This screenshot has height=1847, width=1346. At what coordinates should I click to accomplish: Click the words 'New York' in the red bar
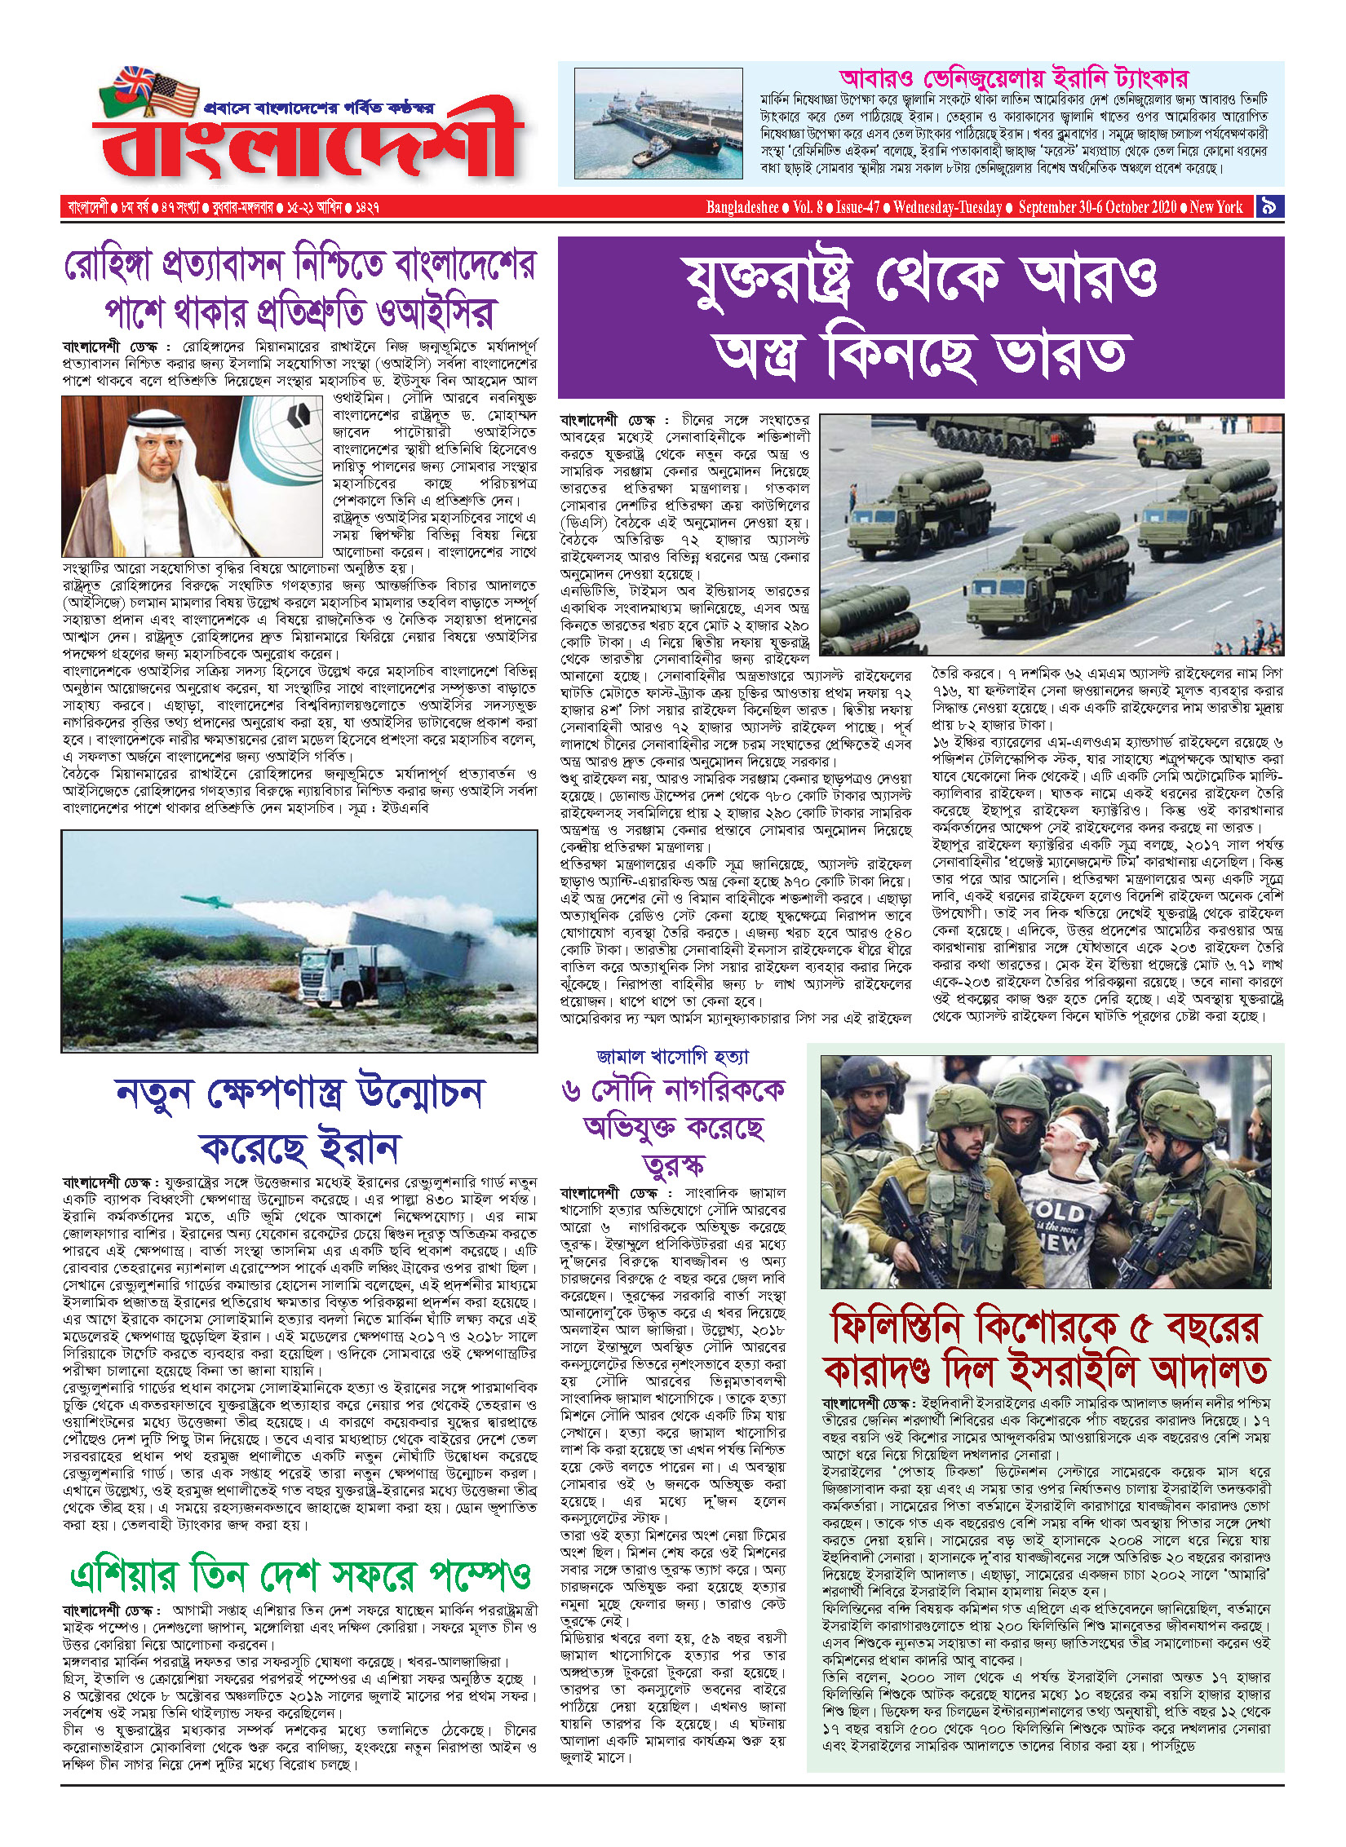click(x=1215, y=207)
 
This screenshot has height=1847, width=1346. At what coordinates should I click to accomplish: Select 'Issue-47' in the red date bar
click(x=857, y=207)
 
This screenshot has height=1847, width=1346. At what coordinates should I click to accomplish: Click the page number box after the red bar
click(x=1269, y=207)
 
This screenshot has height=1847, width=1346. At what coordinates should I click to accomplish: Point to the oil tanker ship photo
click(x=658, y=123)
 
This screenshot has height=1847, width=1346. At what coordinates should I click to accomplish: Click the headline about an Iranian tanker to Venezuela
click(x=1014, y=79)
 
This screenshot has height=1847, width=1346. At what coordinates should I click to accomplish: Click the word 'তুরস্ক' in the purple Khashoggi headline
click(x=673, y=1165)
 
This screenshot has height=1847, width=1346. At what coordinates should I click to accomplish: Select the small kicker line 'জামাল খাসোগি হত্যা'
click(x=672, y=1057)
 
